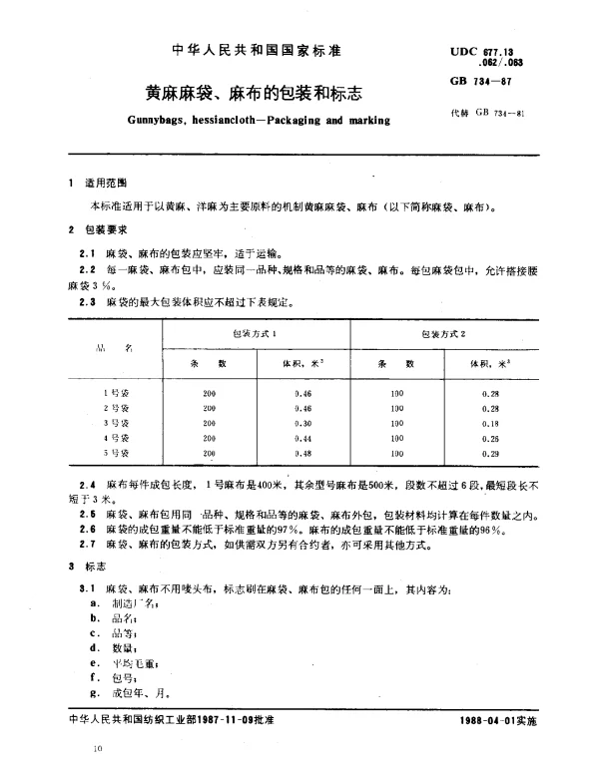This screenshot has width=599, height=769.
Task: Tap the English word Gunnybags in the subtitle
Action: tap(165, 122)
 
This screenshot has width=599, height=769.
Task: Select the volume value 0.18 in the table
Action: tap(490, 424)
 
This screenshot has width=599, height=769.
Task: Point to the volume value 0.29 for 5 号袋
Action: tap(490, 454)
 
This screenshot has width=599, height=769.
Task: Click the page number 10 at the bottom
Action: tap(97, 748)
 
